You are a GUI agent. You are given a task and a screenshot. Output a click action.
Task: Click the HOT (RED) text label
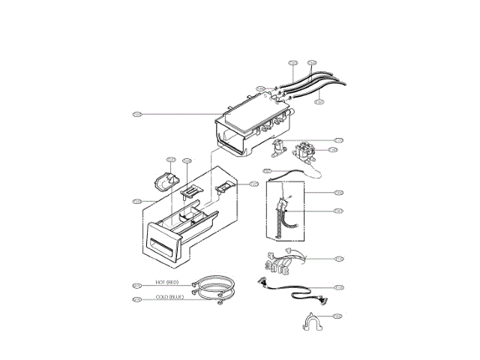[x=166, y=282]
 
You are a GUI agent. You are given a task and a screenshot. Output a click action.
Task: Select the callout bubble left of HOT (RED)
[x=136, y=285]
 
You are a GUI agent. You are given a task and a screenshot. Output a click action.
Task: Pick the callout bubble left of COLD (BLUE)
[x=136, y=300]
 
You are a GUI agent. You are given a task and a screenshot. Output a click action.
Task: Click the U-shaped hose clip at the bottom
[x=313, y=323]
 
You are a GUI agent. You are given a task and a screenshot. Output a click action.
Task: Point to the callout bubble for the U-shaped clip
[x=338, y=316]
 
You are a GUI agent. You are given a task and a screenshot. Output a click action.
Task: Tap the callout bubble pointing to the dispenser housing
[x=136, y=114]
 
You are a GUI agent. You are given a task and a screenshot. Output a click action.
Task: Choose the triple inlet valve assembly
[x=307, y=151]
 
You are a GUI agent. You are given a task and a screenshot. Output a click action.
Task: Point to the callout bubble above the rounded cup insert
[x=170, y=160]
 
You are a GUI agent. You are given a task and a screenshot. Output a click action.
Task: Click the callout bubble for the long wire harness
[x=339, y=287]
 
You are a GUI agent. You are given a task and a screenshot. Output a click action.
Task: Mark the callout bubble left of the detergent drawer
[x=136, y=201]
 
